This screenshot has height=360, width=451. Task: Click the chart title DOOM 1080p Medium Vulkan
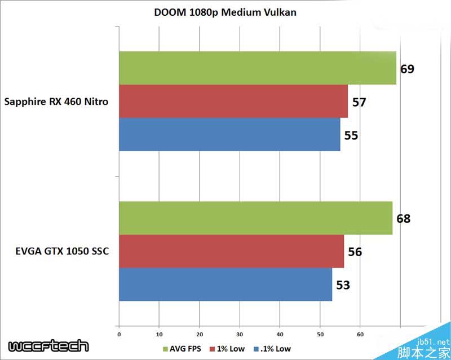225,12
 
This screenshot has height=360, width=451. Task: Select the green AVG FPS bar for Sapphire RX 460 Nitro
257,68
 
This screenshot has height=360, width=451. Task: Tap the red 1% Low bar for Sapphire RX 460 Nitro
233,102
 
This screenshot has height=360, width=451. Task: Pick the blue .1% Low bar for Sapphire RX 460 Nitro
229,134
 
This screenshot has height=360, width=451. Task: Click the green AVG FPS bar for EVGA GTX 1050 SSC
255,218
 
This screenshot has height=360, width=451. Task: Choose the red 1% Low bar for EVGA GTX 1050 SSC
231,251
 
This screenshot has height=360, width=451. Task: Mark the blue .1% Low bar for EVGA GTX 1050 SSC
225,284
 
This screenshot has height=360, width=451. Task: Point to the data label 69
407,69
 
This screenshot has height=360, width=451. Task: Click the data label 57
359,102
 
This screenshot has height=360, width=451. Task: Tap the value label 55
351,135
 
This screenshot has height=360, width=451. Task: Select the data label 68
403,218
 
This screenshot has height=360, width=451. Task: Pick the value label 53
343,285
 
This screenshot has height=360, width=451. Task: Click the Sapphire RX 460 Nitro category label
56,102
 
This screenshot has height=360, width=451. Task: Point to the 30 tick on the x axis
240,334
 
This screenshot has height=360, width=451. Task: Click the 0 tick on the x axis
119,334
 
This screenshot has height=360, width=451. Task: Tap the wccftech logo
48,346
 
